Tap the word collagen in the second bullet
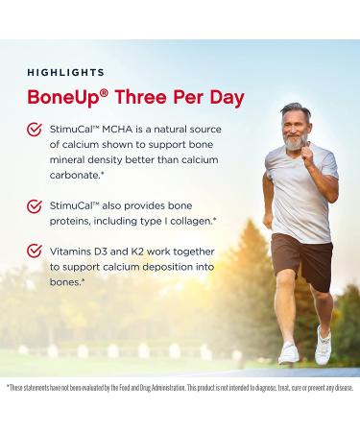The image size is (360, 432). click(x=185, y=221)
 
